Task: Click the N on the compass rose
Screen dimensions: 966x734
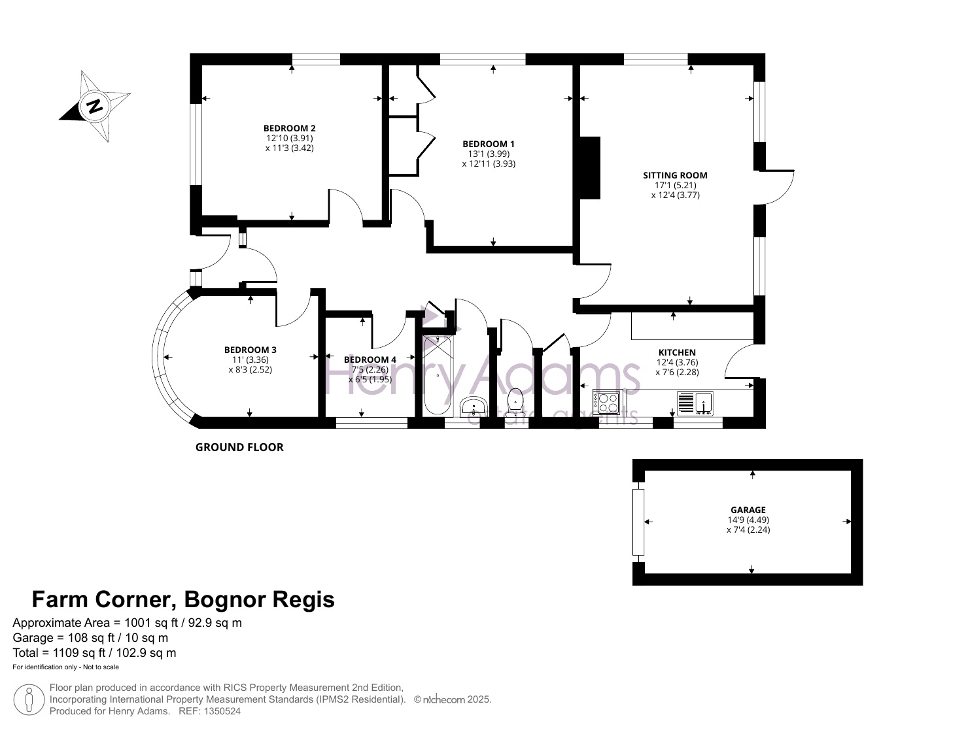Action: tap(95, 106)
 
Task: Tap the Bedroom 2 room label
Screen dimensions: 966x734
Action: tap(289, 128)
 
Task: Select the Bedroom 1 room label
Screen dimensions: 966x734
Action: tap(488, 144)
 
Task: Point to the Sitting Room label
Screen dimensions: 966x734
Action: tap(675, 175)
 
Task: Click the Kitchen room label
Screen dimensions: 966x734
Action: tap(677, 352)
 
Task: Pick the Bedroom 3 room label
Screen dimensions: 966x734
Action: tap(250, 350)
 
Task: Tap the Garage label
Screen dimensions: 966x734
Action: tap(748, 510)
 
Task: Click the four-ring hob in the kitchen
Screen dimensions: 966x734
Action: tap(606, 403)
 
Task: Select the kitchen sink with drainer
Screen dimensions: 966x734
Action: tap(695, 403)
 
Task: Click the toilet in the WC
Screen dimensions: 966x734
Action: tap(515, 403)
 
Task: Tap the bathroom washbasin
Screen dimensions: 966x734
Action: tap(474, 406)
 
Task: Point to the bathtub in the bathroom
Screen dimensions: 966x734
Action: tap(438, 375)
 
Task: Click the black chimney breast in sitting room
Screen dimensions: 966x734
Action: tap(590, 167)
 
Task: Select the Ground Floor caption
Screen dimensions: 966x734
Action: tap(239, 447)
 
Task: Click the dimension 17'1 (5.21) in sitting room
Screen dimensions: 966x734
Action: tap(675, 185)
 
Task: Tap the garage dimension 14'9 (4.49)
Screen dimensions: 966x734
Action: tap(748, 520)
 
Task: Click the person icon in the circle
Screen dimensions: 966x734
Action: tap(29, 700)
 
